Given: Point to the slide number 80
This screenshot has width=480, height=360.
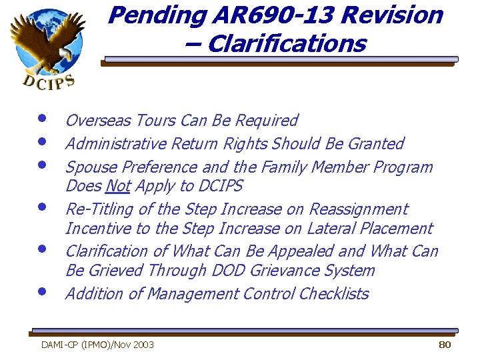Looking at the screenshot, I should [445, 345].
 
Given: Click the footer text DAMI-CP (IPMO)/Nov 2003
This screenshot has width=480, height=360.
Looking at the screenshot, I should [97, 345].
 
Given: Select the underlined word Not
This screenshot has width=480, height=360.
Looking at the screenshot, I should [117, 186].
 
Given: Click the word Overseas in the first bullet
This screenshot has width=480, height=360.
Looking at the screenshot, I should [98, 121].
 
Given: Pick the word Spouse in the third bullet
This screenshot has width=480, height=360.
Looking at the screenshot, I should [88, 167].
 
